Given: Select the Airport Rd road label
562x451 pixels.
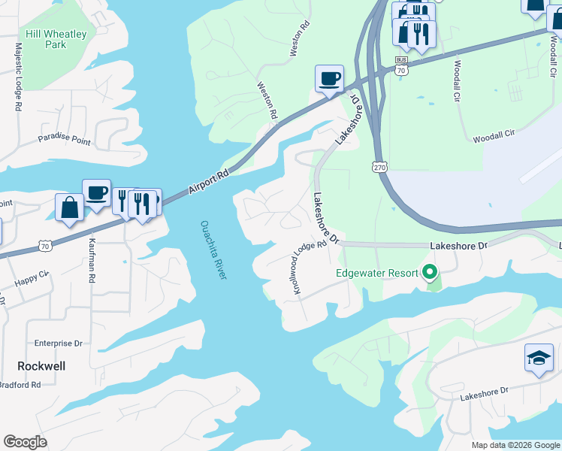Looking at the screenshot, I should (207, 181).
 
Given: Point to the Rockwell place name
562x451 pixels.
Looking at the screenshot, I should (41, 366).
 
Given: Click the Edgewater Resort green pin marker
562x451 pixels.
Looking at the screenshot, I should (430, 272).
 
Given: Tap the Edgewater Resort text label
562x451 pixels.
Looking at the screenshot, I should (376, 273).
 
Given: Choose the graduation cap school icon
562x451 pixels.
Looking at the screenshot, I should (538, 358).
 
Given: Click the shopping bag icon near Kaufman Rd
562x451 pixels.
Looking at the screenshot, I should (69, 208).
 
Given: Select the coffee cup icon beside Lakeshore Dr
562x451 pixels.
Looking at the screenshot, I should (329, 79).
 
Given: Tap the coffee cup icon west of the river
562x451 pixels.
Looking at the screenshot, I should (96, 193).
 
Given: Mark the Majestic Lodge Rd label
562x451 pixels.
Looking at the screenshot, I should (17, 76).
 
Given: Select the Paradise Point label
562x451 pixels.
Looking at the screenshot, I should (64, 141).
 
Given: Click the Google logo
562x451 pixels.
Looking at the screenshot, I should (25, 441).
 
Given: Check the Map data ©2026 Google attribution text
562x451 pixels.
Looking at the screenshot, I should (515, 445).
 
